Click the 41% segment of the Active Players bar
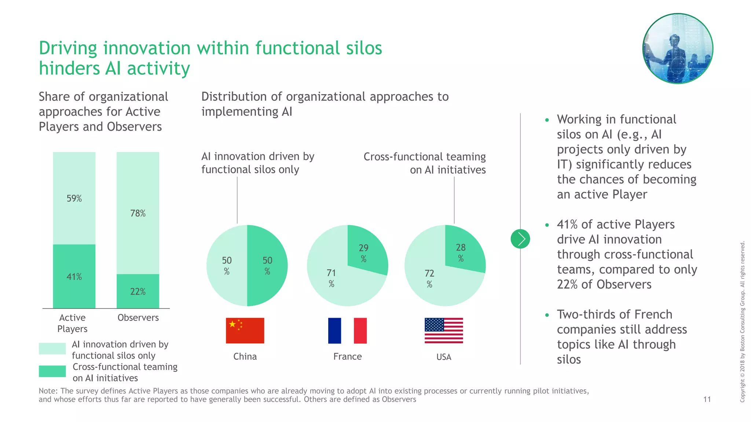[x=74, y=276]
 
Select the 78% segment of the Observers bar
[x=138, y=213]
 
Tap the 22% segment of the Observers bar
[x=138, y=291]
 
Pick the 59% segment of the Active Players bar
[x=74, y=198]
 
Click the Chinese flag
[x=245, y=330]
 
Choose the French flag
[x=347, y=330]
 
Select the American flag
[x=444, y=330]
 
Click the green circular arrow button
[x=520, y=239]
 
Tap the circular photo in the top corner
[x=678, y=49]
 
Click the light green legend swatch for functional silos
[x=52, y=348]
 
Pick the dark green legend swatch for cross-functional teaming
[x=52, y=371]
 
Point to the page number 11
[x=707, y=399]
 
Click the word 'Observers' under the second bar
[x=138, y=318]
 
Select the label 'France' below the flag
[x=347, y=356]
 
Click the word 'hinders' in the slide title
[x=69, y=69]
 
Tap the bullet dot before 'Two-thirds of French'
[x=547, y=315]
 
